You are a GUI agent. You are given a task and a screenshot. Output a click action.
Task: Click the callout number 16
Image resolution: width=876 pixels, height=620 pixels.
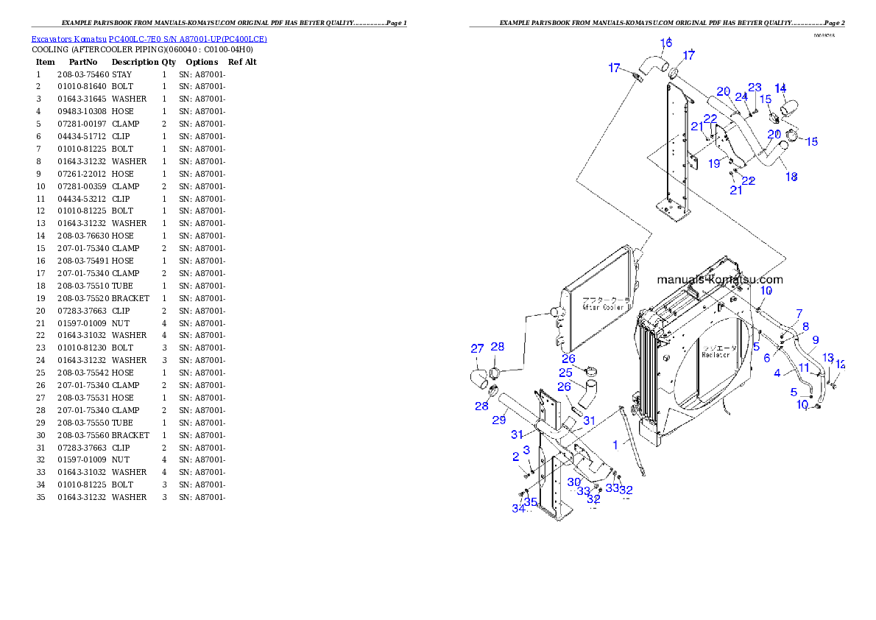665,43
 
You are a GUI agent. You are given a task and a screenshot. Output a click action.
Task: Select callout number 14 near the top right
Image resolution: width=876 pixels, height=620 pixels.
780,88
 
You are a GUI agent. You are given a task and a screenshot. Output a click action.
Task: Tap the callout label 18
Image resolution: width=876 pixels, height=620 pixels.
791,177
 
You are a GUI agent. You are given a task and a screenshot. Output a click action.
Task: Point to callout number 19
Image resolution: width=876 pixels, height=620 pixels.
714,164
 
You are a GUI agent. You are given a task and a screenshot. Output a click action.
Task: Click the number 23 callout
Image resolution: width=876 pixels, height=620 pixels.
755,87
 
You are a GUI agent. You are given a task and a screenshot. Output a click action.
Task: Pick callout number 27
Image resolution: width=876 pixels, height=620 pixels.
477,348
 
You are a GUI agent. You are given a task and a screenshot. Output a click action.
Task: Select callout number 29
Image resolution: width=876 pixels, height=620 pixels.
498,420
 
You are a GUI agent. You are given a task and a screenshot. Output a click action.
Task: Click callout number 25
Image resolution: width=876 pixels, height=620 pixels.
565,373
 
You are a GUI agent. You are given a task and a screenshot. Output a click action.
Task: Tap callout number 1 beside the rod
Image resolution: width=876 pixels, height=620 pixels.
615,445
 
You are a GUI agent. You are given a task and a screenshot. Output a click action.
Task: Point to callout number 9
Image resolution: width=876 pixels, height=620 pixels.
815,339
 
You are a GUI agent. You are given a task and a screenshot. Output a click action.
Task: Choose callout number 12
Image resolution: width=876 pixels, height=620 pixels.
841,364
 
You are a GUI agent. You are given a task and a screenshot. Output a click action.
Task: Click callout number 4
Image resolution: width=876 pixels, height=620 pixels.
777,373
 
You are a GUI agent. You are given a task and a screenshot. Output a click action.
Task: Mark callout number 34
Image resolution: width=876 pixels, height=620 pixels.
518,507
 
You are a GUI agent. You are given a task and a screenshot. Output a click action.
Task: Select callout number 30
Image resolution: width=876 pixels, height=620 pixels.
574,482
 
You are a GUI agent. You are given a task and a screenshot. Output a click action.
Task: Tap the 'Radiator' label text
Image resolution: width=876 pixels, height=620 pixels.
716,354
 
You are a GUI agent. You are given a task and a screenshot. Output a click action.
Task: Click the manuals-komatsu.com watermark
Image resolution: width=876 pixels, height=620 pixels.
719,280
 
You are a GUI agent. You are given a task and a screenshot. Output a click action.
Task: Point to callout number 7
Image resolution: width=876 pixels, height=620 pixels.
799,313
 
